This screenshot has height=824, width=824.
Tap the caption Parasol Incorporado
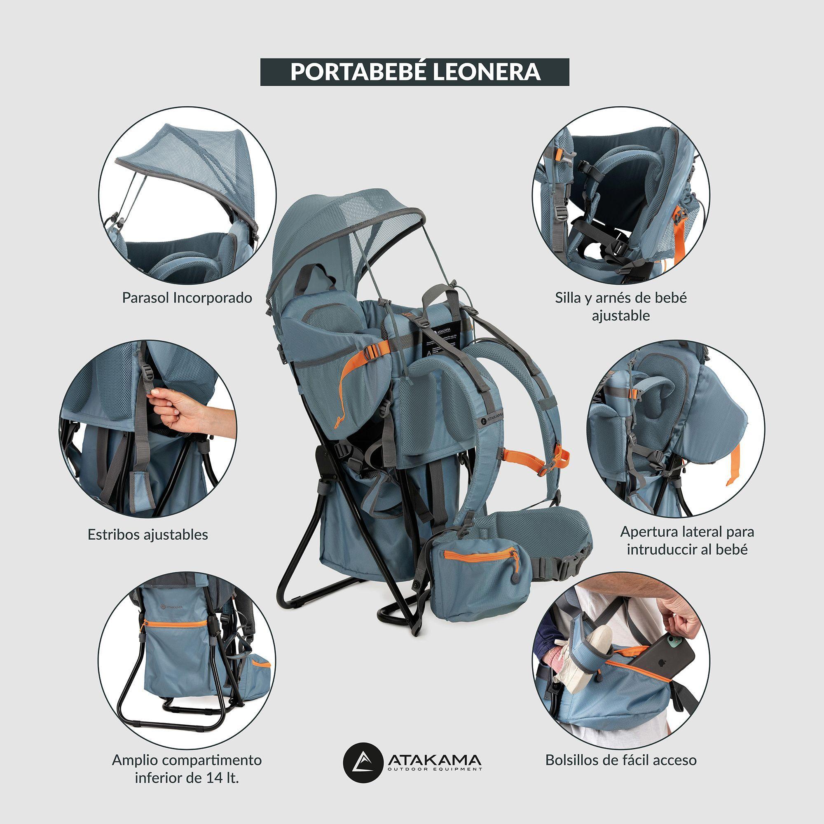click(x=187, y=298)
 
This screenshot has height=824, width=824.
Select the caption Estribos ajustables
click(x=147, y=534)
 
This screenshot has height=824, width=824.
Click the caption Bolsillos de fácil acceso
click(x=620, y=760)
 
